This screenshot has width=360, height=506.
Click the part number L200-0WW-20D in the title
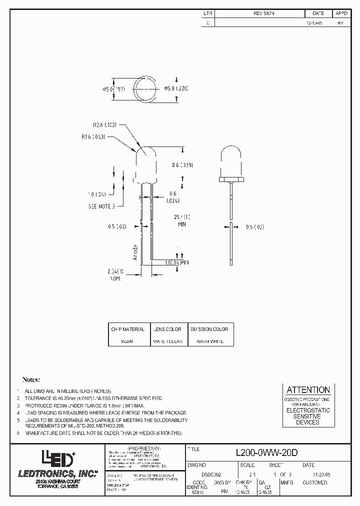click(266, 452)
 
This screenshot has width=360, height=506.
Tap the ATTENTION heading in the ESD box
click(307, 389)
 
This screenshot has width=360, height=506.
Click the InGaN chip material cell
click(127, 341)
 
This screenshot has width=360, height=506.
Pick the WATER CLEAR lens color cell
click(168, 341)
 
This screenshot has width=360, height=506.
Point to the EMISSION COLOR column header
click(209, 329)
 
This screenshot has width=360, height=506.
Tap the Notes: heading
click(31, 380)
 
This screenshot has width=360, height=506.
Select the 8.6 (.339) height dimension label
click(182, 164)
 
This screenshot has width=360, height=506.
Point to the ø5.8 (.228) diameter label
click(178, 88)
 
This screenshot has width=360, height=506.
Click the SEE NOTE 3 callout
click(101, 205)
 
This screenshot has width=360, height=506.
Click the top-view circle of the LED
click(145, 89)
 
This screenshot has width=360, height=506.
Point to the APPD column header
click(341, 13)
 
